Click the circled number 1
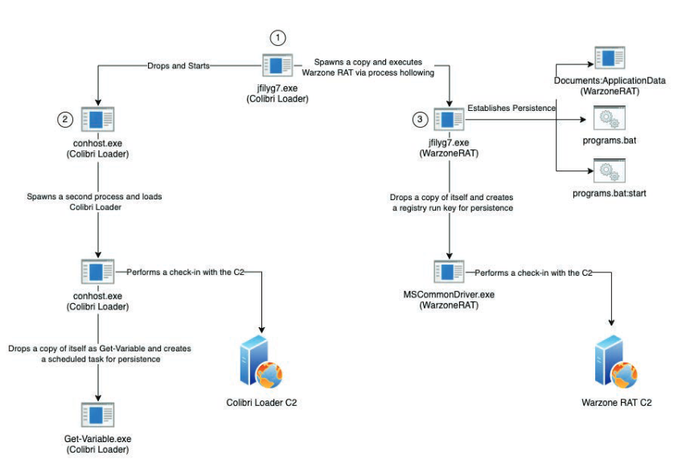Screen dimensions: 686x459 coord(277,38)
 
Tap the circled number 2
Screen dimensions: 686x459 coord(65,119)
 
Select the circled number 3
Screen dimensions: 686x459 coord(420,119)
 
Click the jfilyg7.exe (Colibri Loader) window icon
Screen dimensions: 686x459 coord(277,65)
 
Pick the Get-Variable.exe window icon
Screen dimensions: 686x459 coord(97,415)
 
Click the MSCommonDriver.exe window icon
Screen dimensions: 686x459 coord(449,272)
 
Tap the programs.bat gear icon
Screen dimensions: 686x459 coord(610,118)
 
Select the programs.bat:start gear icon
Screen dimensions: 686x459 coord(610,171)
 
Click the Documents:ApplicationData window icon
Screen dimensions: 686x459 coord(610,58)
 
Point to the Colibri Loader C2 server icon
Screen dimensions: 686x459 coord(261,363)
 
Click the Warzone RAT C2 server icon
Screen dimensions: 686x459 coord(616,363)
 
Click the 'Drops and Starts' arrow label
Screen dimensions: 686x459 coord(179,66)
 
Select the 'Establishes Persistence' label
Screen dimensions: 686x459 coord(511,108)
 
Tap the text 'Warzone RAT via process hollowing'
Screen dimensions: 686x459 coord(368,72)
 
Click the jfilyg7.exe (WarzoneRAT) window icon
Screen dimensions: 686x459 coord(449,119)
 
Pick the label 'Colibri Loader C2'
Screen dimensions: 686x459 coord(261,403)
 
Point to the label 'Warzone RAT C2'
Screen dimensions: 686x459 coord(617,403)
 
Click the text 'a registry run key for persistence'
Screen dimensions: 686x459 coord(453,208)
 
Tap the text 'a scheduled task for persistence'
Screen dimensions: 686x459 coord(101,359)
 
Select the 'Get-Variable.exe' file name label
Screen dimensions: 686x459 coord(97,439)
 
